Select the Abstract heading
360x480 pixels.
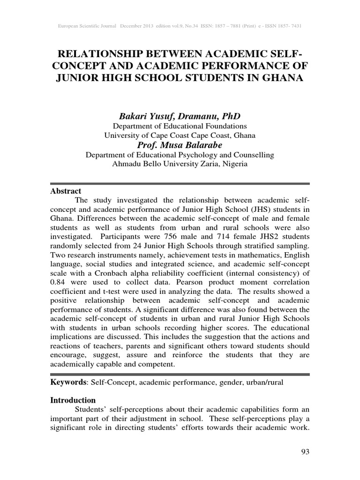point(66,191)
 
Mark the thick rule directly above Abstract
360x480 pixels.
point(180,183)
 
